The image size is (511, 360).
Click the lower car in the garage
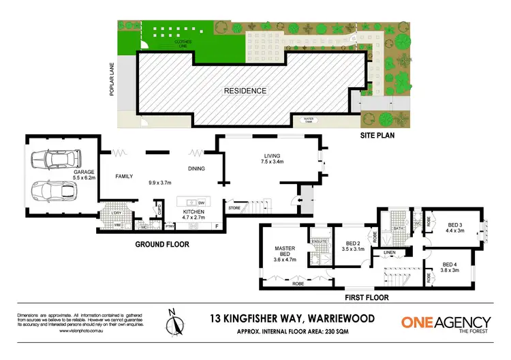pyautogui.click(x=52, y=191)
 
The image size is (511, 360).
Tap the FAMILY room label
pyautogui.click(x=123, y=177)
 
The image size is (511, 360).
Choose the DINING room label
pyautogui.click(x=197, y=169)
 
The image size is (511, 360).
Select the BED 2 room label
pyautogui.click(x=352, y=246)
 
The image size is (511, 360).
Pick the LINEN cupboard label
pyautogui.click(x=389, y=253)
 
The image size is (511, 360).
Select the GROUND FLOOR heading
pyautogui.click(x=162, y=243)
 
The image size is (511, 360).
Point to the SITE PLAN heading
pyautogui.click(x=377, y=135)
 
